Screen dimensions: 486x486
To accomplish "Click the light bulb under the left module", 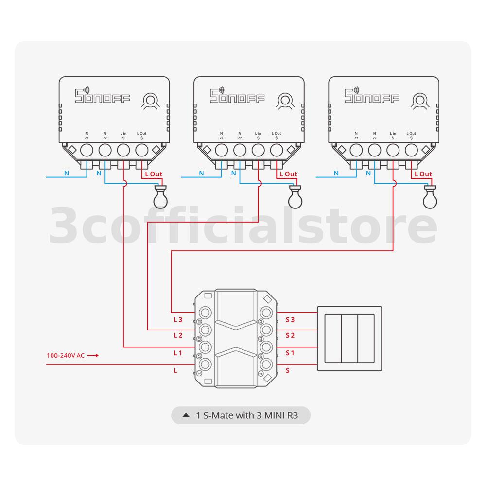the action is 159,197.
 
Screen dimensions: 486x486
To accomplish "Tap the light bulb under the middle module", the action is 294,197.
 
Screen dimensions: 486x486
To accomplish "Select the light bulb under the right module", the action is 429,197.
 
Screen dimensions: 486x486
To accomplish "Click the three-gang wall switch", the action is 349,339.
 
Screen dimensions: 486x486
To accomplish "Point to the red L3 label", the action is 178,320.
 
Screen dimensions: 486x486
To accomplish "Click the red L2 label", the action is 178,336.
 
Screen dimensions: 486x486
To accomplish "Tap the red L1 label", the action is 178,353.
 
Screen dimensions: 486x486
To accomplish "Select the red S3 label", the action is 290,320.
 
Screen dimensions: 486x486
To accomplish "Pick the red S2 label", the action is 290,336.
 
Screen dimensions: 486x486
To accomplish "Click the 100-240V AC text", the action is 66,356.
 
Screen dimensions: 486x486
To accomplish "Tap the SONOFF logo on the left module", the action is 103,96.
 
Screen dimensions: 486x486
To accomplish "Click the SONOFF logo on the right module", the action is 372,96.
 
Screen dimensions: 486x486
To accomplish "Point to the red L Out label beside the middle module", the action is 288,174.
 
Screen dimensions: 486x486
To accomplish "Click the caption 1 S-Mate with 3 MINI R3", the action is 252,416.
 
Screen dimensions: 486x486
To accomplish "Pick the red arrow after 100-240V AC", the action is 93,356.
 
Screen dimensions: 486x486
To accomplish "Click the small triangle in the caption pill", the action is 185,416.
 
